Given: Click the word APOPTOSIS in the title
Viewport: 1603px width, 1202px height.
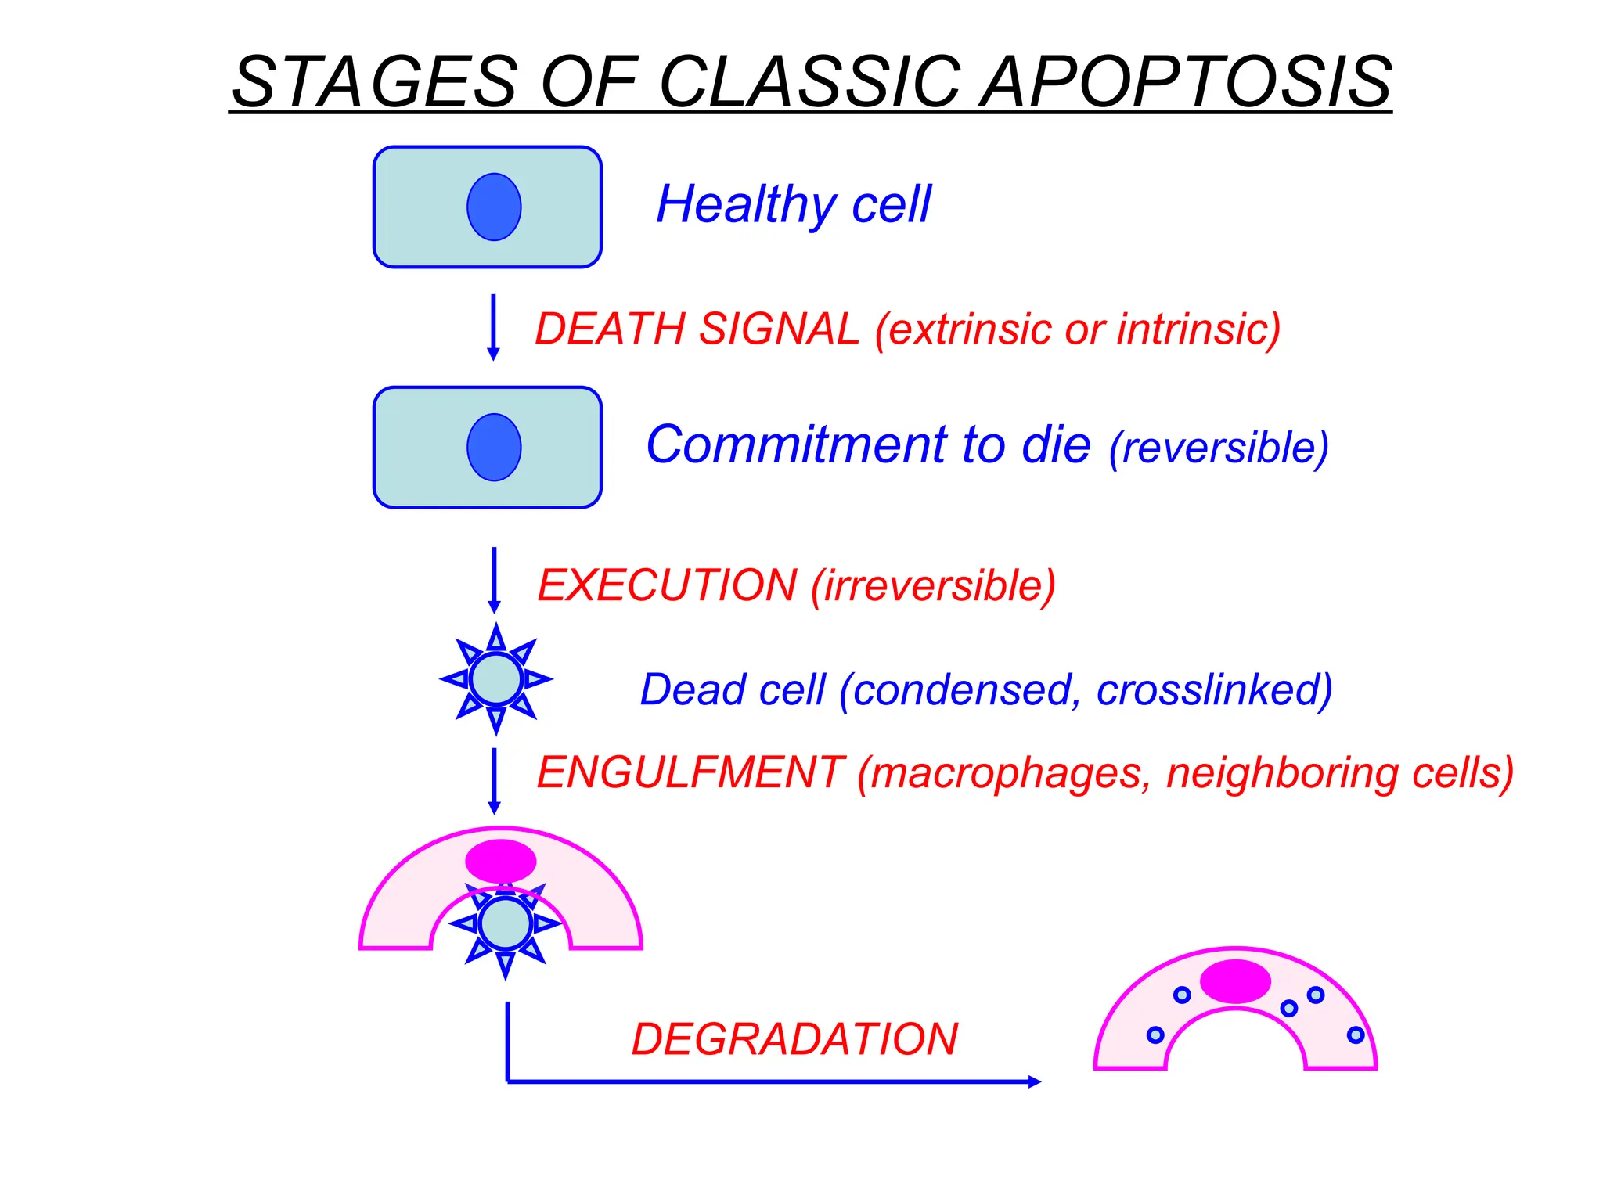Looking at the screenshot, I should pyautogui.click(x=1185, y=82).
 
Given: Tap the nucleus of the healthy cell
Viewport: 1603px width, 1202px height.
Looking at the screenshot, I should pyautogui.click(x=494, y=207).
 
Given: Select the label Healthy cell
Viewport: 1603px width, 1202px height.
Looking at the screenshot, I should pyautogui.click(x=794, y=204).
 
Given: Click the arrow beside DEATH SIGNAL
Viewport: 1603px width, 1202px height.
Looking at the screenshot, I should pyautogui.click(x=493, y=327).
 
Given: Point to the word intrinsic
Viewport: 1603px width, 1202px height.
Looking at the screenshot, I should pyautogui.click(x=1198, y=329).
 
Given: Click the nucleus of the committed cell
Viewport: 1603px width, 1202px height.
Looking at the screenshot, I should pyautogui.click(x=494, y=448).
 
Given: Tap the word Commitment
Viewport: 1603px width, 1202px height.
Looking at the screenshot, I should pyautogui.click(x=797, y=444).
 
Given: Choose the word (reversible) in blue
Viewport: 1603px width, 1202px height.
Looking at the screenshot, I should pyautogui.click(x=1219, y=448).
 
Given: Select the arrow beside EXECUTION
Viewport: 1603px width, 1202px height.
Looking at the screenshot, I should pyautogui.click(x=494, y=580).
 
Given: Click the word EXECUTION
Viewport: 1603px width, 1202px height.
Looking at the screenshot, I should pyautogui.click(x=668, y=585).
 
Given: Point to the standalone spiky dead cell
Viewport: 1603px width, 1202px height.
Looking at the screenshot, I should pyautogui.click(x=496, y=679).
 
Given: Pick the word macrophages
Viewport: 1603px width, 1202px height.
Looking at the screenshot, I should pyautogui.click(x=1004, y=773).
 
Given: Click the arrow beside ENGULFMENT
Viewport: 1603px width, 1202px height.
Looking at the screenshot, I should pyautogui.click(x=494, y=781).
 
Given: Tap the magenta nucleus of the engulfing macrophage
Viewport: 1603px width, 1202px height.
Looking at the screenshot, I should pyautogui.click(x=501, y=861).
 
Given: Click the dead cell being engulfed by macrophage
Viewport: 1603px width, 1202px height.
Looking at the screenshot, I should pyautogui.click(x=505, y=924).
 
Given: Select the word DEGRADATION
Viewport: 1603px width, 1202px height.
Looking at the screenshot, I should pyautogui.click(x=794, y=1039).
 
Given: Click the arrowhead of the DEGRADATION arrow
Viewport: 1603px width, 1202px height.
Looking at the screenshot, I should pyautogui.click(x=1034, y=1081).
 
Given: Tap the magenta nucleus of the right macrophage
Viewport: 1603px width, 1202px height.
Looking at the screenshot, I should pyautogui.click(x=1235, y=981).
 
